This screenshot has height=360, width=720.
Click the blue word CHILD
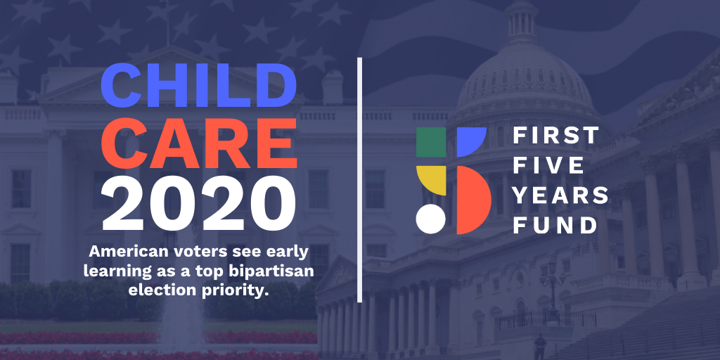(198, 84)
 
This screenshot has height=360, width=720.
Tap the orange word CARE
(199, 143)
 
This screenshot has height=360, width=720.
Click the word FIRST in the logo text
(555, 136)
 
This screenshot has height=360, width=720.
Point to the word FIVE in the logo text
(548, 165)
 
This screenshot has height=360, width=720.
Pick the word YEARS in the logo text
(560, 195)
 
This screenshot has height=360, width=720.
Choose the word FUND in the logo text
(555, 225)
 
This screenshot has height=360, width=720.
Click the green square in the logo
(431, 142)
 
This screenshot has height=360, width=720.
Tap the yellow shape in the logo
(431, 179)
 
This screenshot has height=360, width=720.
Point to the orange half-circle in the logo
(472, 200)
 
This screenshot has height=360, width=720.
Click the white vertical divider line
(360, 180)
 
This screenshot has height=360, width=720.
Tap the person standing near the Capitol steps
(539, 347)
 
